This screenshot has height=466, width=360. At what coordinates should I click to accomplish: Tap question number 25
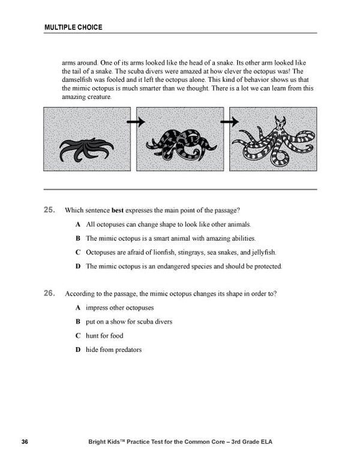tap(49, 210)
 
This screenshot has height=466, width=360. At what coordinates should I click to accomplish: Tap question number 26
tap(49, 294)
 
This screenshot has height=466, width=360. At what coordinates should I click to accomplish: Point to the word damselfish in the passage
tap(79, 79)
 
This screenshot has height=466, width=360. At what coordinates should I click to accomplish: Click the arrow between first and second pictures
tap(137, 121)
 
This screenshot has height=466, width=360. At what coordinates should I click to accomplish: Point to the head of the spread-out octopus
tap(280, 127)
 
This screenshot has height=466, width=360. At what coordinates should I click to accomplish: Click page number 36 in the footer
tap(25, 443)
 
